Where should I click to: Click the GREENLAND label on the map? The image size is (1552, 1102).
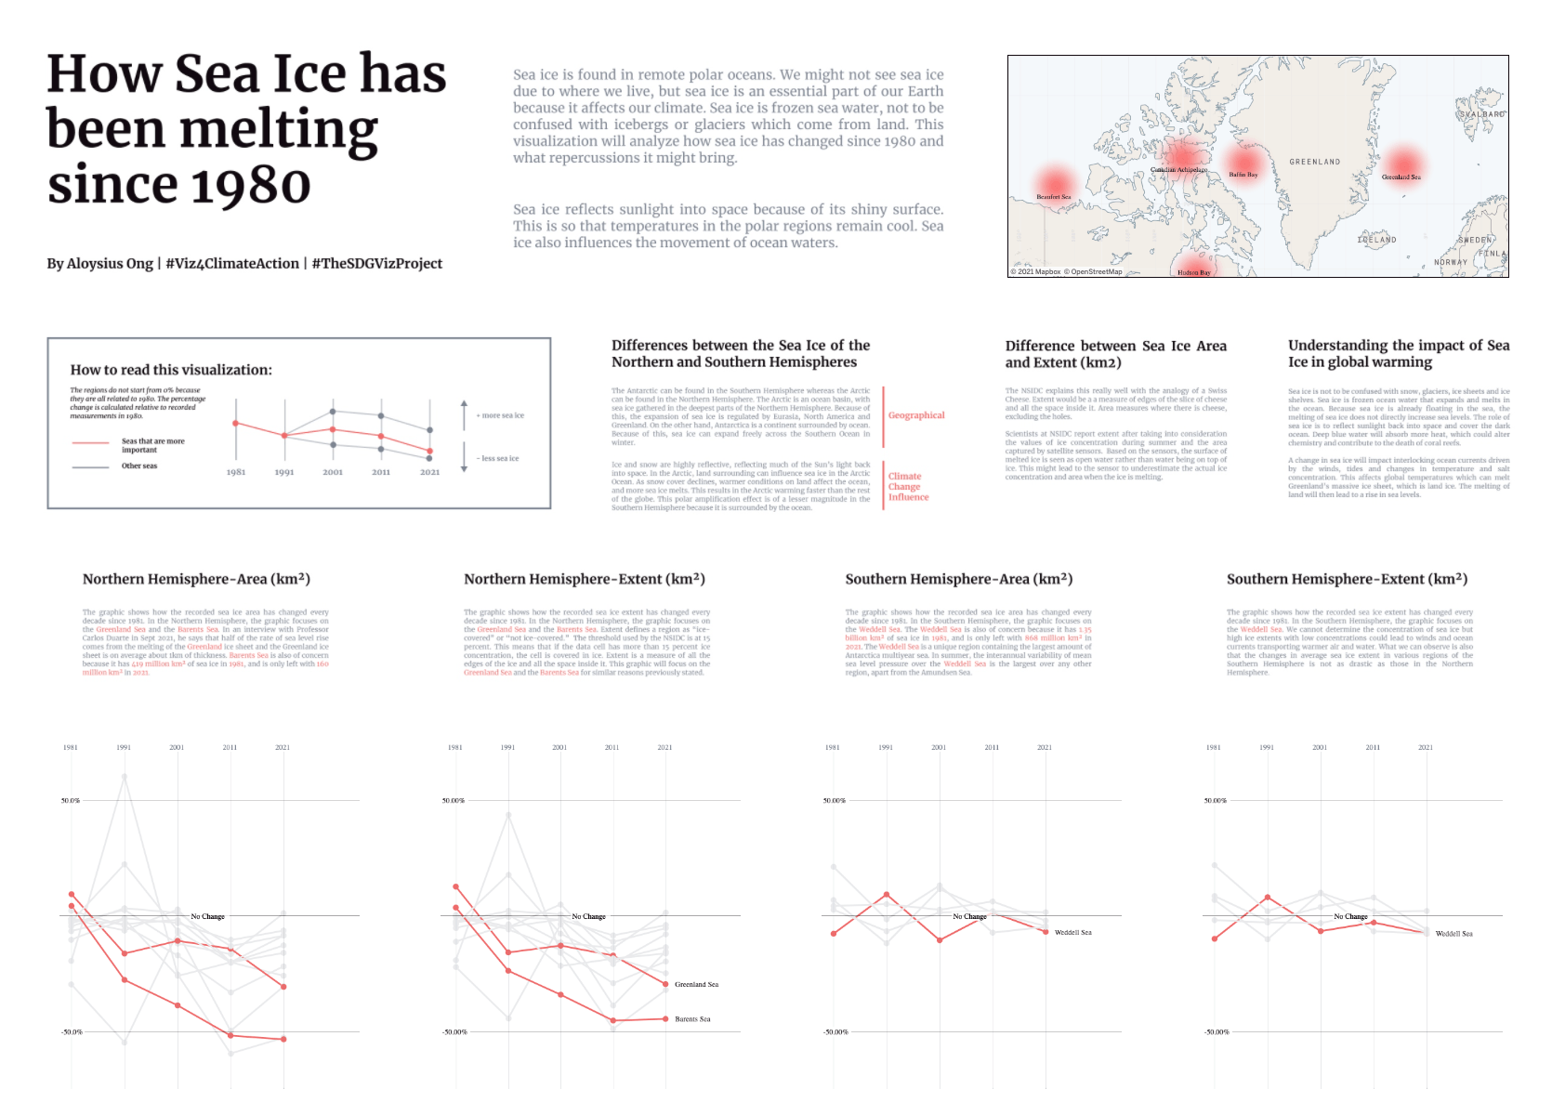pos(1314,162)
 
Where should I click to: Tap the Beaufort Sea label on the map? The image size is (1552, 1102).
pos(1054,197)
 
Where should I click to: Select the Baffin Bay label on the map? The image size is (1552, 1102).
pos(1243,175)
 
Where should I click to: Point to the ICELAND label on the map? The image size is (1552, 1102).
pos(1376,240)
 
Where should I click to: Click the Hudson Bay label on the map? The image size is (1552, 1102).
pos(1193,272)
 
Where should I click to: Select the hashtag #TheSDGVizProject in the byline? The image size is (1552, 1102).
pos(376,264)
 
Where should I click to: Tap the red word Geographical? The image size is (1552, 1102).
pos(915,415)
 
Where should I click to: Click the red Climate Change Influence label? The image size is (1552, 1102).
pos(907,487)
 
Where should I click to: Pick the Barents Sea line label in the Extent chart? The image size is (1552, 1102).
pos(692,1019)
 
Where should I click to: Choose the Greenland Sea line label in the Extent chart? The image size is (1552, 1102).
pos(696,984)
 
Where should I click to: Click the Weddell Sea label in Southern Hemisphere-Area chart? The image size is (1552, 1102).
pos(1072,932)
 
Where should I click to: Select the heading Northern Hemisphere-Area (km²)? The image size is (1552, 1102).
pos(196,579)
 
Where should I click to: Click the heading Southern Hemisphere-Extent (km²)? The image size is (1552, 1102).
pos(1347,579)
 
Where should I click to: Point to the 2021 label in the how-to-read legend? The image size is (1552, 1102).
pos(429,472)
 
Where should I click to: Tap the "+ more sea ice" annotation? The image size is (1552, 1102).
pos(500,415)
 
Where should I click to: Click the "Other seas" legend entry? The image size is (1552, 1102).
pos(139,466)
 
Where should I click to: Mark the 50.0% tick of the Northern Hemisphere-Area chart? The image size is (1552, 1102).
pos(71,800)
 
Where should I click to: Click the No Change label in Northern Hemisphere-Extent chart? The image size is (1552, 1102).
pos(588,916)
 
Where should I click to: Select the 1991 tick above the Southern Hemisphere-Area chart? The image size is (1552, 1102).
pos(886,747)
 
